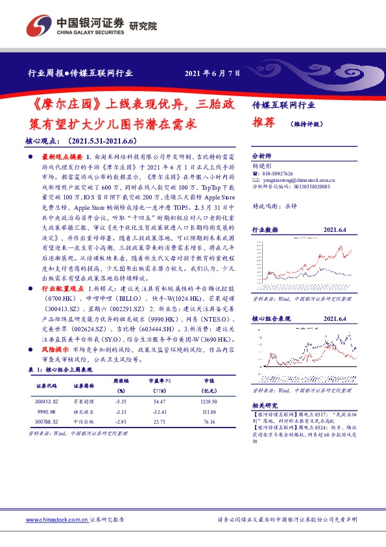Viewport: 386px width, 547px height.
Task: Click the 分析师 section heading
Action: pos(262,157)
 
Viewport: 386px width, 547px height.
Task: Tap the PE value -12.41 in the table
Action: pos(159,412)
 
